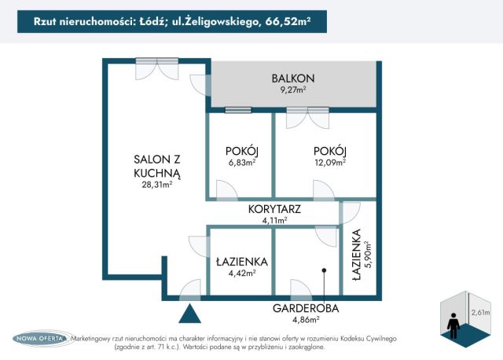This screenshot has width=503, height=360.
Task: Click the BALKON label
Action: pos(293,79)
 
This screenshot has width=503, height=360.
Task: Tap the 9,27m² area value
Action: pos(293,90)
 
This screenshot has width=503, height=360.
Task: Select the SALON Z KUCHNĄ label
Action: pos(157,166)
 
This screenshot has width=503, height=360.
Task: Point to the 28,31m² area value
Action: pos(157,185)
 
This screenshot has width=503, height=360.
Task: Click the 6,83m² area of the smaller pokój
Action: pos(242,162)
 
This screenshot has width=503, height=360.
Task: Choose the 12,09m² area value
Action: pos(330,162)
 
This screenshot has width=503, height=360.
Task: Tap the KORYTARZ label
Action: pos(274,209)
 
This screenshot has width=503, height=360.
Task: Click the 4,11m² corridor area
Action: pos(274,220)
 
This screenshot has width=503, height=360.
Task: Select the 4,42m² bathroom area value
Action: pos(242,273)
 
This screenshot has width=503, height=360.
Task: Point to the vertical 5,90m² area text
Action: pos(369,254)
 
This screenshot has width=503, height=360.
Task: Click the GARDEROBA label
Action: pos(306,308)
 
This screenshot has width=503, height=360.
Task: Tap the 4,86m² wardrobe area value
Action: pos(306,320)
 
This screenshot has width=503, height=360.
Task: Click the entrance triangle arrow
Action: pos(190,314)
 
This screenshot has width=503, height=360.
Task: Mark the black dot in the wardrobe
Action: pos(324,270)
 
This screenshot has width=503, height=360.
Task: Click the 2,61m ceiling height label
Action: pos(480,312)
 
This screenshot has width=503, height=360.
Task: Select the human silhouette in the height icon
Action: pos(453,325)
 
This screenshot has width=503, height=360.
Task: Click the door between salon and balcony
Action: pos(200,85)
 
